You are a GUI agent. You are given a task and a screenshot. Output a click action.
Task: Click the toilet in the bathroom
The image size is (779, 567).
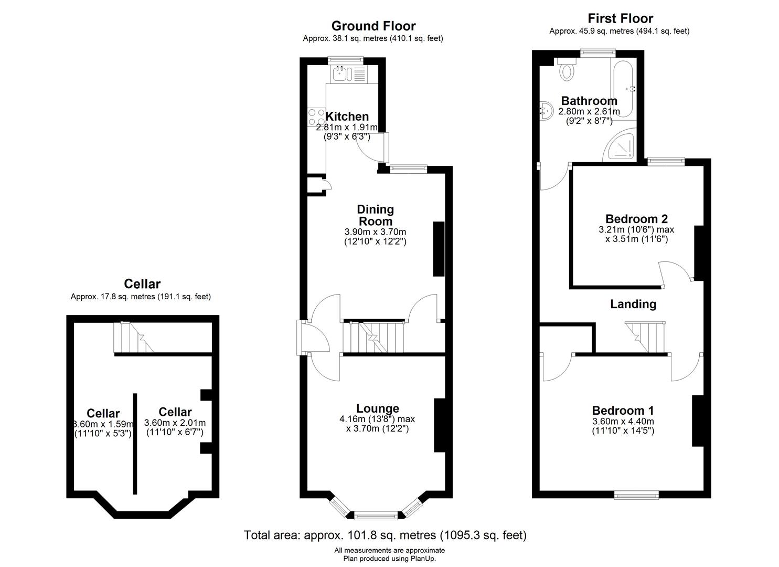567,69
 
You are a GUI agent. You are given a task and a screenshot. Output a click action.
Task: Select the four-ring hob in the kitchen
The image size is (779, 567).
316,117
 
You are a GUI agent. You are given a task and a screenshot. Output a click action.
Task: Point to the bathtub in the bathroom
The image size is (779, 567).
624,89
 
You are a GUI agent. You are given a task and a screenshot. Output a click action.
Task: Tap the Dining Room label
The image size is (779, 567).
375,215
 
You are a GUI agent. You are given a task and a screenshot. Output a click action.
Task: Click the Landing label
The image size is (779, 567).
633,304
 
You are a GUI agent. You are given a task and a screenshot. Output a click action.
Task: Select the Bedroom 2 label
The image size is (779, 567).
636,219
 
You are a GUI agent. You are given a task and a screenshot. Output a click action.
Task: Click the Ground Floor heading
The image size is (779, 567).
374,26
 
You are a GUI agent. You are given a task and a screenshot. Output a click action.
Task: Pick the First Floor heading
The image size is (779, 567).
621,18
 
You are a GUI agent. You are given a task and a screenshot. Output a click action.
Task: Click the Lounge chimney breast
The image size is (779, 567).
440,425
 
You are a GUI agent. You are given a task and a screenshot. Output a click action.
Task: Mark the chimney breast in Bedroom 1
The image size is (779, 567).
698,421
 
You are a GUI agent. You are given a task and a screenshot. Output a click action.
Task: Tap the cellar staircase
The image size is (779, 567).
134,338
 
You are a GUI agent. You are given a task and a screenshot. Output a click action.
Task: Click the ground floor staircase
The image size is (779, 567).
374,337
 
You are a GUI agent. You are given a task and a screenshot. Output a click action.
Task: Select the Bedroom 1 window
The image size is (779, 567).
636,495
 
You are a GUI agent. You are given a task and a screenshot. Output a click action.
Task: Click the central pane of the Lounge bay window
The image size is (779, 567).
376,515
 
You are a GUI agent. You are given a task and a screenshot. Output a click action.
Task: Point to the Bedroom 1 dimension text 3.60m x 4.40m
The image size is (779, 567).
623,421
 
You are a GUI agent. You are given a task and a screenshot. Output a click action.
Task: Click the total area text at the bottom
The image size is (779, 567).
386,535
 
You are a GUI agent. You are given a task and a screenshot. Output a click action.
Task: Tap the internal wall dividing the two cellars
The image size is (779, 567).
135,444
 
